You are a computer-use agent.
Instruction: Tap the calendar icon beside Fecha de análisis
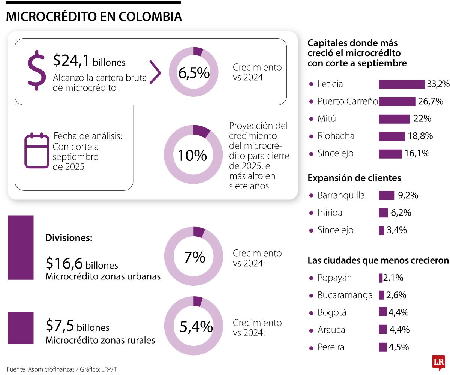click(37, 150)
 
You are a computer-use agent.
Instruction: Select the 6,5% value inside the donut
click(193, 73)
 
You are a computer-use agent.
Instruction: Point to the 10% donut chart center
click(193, 154)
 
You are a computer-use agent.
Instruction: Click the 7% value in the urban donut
click(194, 257)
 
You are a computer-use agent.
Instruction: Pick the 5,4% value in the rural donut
click(196, 327)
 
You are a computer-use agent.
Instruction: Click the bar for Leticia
click(401, 84)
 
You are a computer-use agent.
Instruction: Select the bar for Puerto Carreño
click(397, 101)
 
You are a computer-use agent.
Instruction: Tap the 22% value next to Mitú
click(422, 119)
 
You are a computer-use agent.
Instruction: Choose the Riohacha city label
click(336, 136)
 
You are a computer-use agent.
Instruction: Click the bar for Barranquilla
click(386, 195)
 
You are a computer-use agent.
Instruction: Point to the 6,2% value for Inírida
click(401, 213)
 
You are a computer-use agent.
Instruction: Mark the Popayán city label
click(334, 278)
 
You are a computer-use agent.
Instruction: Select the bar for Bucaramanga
click(381, 295)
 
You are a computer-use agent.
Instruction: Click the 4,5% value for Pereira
click(399, 347)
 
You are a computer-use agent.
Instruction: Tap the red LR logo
click(438, 362)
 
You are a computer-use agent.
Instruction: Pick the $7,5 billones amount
click(77, 326)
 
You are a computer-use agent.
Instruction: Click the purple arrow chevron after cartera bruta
click(155, 72)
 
